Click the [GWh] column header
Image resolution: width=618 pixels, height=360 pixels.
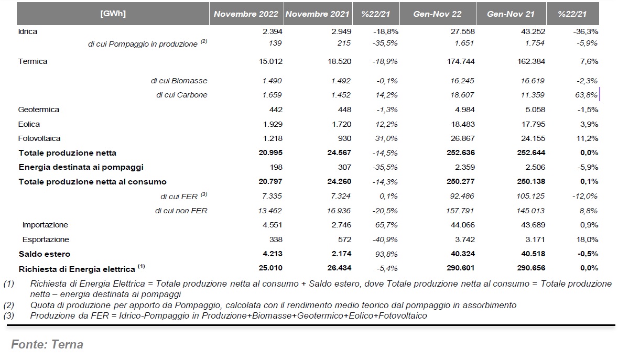(113, 14)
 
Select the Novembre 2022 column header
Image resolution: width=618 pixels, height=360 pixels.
(246, 14)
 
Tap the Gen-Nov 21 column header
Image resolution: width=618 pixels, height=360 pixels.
(511, 14)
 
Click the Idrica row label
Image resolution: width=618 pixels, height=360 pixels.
(28, 31)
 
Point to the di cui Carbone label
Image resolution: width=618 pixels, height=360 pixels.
(182, 95)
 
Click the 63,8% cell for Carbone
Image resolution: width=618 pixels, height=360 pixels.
(587, 95)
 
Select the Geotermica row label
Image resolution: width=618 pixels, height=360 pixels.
(39, 110)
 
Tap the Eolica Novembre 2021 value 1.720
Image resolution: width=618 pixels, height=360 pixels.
(341, 124)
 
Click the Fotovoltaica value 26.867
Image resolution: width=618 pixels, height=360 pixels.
(463, 139)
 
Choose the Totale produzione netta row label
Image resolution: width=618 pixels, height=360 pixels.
(68, 153)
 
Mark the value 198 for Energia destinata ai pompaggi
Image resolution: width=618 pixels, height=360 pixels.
(276, 167)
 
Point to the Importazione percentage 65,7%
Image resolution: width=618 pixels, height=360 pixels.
(386, 225)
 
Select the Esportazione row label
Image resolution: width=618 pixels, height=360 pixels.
(46, 239)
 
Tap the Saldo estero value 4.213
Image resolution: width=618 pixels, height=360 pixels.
(270, 254)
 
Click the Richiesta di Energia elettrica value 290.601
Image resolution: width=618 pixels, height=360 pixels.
(461, 268)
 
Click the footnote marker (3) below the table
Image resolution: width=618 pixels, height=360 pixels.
(9, 316)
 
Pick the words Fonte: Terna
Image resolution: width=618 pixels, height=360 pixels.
(47, 344)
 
